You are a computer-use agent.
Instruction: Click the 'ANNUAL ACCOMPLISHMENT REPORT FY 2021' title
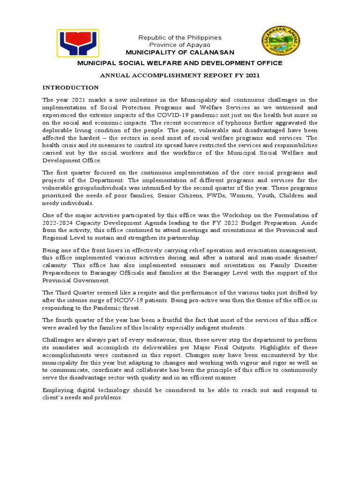pos(180,75)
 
